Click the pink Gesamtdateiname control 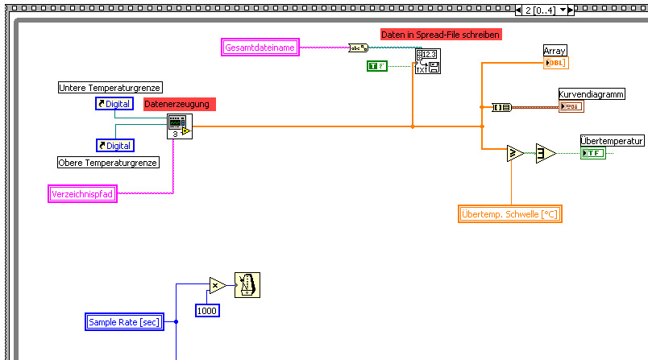point(260,48)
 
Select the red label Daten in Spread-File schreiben point(441,35)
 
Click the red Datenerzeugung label point(180,104)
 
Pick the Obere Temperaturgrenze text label point(108,162)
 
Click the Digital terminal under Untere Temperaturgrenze point(114,104)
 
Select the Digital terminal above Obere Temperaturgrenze point(115,146)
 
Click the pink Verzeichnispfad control point(82,193)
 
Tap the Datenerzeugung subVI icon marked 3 point(179,126)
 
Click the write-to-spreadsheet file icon point(427,61)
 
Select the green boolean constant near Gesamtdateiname point(377,65)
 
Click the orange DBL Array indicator point(556,63)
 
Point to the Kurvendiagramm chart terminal point(571,106)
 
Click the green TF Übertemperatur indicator point(592,153)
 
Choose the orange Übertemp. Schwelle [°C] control point(509,213)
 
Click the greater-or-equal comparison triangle point(515,153)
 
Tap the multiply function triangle point(217,284)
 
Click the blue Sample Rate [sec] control point(124,322)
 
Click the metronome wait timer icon point(247,285)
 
